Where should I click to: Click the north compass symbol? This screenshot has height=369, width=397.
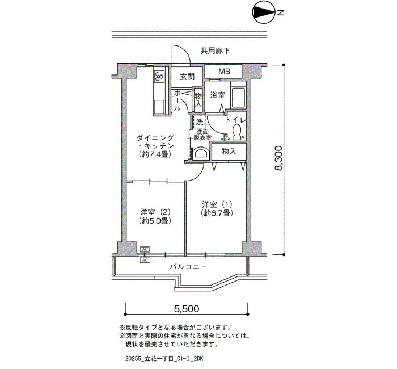(264, 12)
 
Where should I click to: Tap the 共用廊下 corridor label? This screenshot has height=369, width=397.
(216, 51)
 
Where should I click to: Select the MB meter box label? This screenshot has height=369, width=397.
(224, 72)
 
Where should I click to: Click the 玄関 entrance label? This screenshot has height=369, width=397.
(187, 77)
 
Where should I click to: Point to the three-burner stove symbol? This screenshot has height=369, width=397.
(159, 76)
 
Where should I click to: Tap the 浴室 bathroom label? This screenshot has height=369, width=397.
(217, 95)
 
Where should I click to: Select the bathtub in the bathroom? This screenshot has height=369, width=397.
(238, 97)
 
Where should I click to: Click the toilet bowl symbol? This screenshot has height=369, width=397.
(236, 132)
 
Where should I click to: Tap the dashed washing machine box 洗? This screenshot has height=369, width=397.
(200, 122)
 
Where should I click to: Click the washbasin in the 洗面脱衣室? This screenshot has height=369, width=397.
(201, 154)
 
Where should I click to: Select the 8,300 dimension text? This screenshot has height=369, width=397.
(278, 158)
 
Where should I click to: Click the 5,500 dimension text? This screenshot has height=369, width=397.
(187, 308)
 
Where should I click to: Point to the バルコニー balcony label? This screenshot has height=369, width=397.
(188, 267)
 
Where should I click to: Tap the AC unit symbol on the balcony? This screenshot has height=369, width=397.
(145, 260)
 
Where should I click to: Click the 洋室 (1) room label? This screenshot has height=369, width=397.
(217, 204)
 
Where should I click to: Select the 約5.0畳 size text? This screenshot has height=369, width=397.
(155, 221)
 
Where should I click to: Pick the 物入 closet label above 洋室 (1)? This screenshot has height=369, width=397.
(229, 152)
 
